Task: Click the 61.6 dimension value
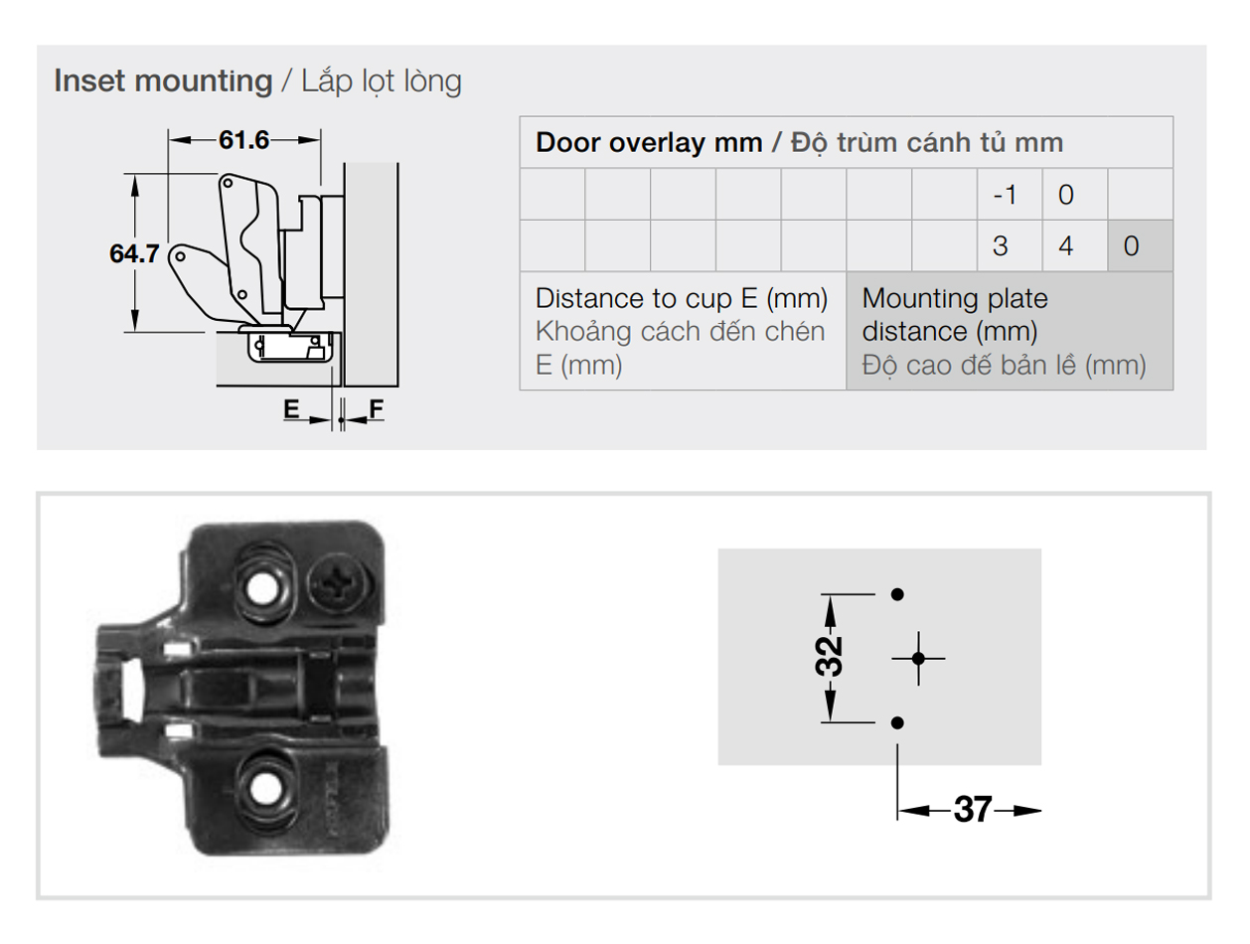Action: coord(243,140)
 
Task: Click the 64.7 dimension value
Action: coord(134,254)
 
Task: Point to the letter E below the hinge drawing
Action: coord(291,408)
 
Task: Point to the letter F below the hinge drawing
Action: coord(377,408)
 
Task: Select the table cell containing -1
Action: coord(1010,194)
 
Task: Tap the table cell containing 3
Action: coord(1010,246)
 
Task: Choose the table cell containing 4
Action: coord(1074,246)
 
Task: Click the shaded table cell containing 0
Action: coord(1140,246)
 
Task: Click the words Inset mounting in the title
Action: coord(163,80)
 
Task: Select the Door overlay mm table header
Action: coord(649,142)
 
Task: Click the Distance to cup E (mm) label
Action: coord(682,298)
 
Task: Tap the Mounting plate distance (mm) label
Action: coord(955,315)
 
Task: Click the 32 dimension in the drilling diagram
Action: coord(829,656)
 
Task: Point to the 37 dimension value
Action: coord(973,809)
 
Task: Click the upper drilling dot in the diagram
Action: coord(897,594)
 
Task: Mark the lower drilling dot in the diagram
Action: coord(897,723)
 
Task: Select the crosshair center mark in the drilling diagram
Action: coord(918,659)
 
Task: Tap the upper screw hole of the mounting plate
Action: coord(262,588)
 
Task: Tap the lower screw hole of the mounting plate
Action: coord(266,790)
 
